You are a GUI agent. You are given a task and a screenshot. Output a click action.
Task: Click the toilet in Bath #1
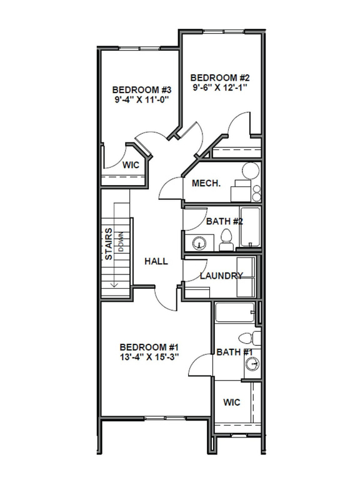(252, 339)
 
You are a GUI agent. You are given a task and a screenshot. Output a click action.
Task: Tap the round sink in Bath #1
(252, 364)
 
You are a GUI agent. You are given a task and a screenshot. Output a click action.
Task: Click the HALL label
(156, 261)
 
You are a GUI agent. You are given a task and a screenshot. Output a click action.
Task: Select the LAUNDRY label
(221, 276)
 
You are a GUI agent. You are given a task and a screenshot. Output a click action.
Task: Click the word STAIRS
(109, 244)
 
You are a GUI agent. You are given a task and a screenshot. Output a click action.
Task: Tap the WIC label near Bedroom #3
(130, 166)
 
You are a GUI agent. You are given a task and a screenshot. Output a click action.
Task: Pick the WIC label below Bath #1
(231, 402)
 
